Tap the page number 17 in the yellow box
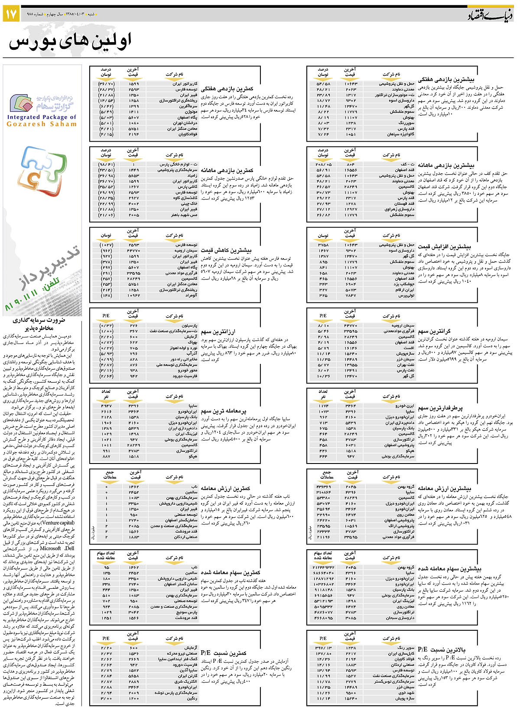[x=11, y=14]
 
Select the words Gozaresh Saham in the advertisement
[x=42, y=124]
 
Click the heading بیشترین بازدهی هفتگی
[x=446, y=80]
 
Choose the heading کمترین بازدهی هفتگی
[x=227, y=88]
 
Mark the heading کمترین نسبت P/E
[x=224, y=653]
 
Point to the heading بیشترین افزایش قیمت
[x=444, y=246]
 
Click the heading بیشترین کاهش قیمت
[x=226, y=250]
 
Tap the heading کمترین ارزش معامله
[x=226, y=488]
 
